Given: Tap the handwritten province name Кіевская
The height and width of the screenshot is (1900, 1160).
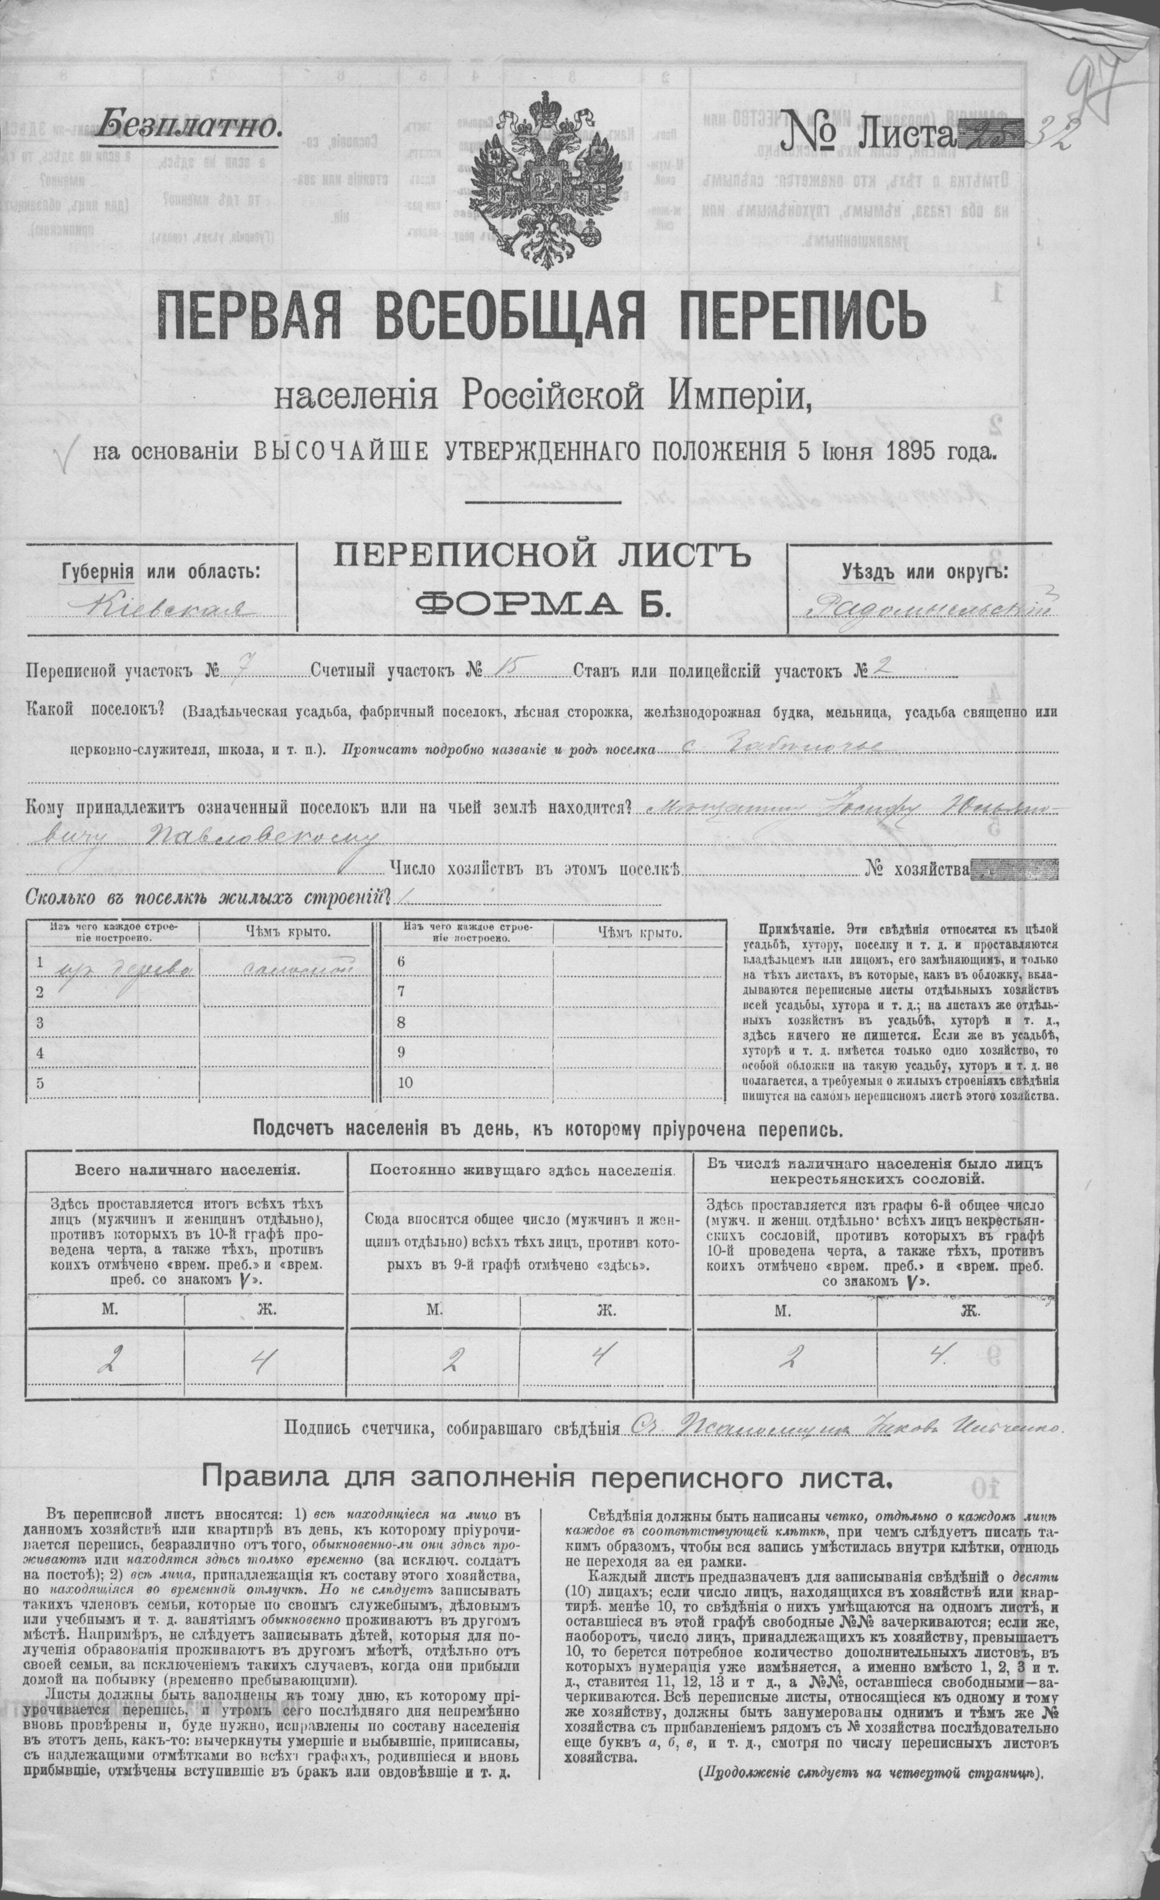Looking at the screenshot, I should (163, 610).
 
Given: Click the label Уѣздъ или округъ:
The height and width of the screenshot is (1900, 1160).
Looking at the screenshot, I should (925, 572).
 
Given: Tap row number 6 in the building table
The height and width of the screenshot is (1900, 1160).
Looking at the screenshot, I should (400, 962).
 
